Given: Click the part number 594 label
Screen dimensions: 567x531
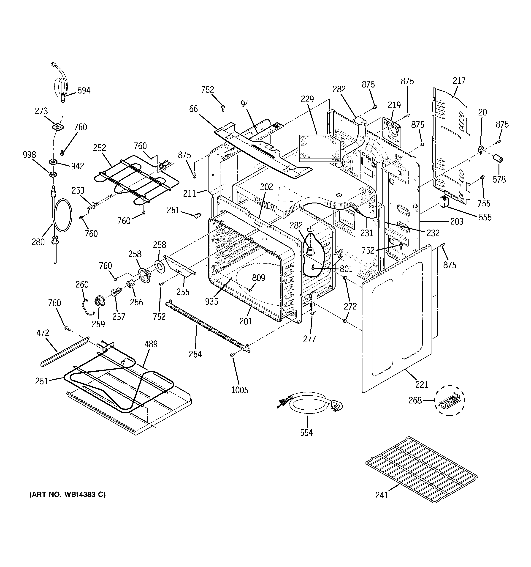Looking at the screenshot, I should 84,90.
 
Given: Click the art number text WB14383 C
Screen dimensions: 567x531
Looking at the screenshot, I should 67,494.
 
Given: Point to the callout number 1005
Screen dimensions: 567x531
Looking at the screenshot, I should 239,390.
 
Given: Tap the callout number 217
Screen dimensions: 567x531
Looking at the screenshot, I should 459,81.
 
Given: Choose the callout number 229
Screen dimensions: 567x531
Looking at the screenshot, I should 307,99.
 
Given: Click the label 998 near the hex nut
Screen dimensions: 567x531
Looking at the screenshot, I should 29,155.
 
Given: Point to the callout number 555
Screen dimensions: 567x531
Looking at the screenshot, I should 485,217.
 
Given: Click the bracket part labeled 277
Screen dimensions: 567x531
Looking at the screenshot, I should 313,302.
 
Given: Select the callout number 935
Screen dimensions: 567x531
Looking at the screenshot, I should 211,301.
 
